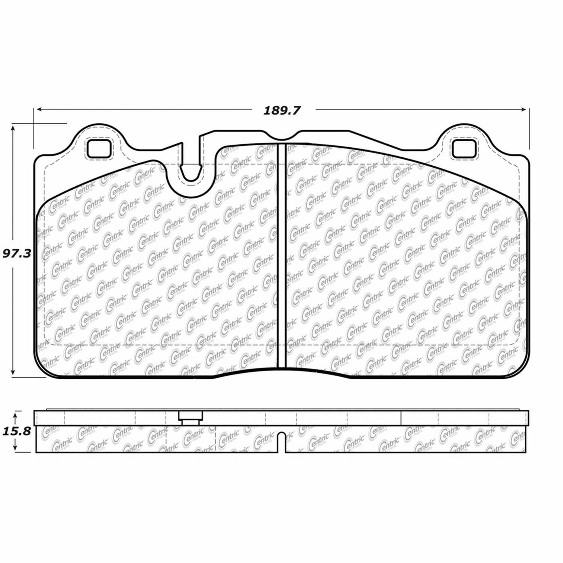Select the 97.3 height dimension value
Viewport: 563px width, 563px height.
(x=16, y=254)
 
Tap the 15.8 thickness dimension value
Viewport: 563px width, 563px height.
(x=16, y=432)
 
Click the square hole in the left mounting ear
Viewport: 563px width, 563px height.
(x=99, y=149)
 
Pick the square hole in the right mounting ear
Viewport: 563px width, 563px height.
(x=464, y=149)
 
